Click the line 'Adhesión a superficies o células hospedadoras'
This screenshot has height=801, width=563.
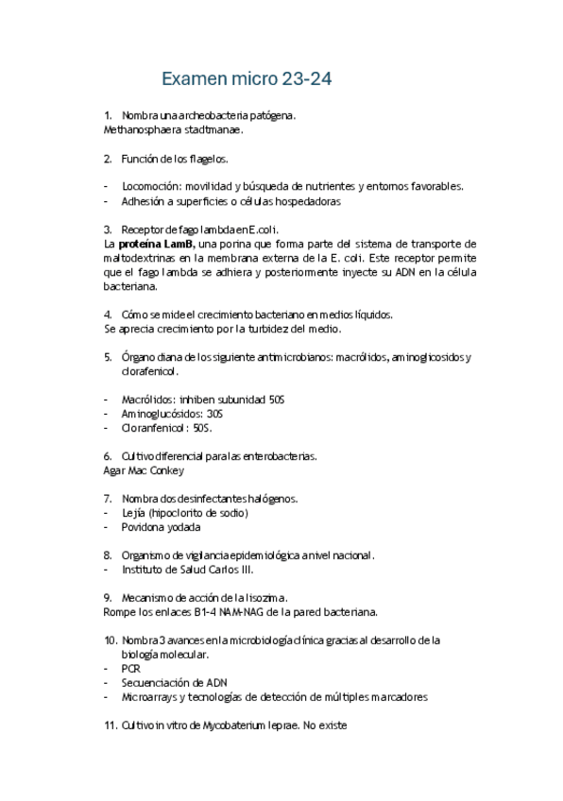coord(230,201)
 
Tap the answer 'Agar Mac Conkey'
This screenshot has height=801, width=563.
coord(144,470)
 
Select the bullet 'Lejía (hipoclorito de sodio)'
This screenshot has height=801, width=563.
coord(184,513)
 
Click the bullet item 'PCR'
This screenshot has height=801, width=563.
coord(130,668)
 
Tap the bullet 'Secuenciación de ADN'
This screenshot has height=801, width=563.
coord(174,682)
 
